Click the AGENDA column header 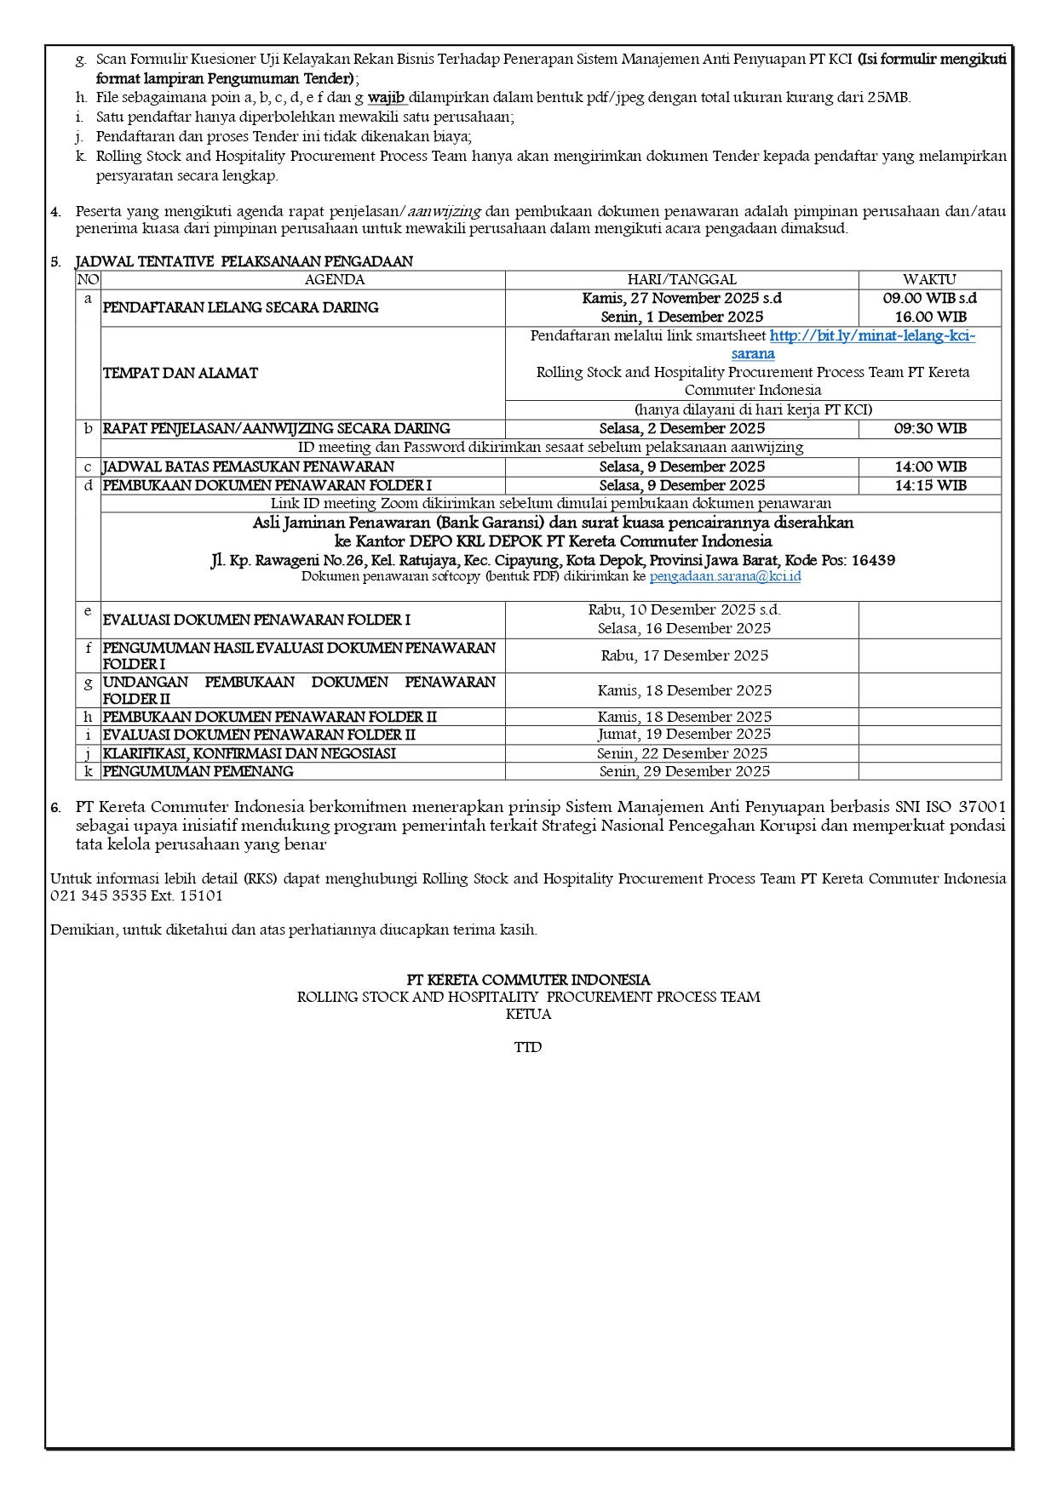[x=334, y=280]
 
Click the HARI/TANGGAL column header [x=681, y=280]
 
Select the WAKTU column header [x=929, y=280]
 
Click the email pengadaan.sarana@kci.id [x=725, y=577]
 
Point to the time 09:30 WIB [x=929, y=429]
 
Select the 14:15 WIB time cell [x=929, y=486]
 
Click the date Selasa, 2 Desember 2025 [x=681, y=429]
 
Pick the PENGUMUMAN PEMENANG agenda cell [x=198, y=772]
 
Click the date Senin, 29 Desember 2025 [x=684, y=772]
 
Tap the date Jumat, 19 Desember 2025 [x=684, y=735]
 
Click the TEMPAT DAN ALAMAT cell [x=181, y=374]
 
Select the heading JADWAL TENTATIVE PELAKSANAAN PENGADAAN [x=244, y=262]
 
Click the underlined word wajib [x=386, y=98]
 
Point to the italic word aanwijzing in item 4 [x=444, y=212]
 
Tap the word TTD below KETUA [x=528, y=1048]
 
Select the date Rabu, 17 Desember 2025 [x=684, y=656]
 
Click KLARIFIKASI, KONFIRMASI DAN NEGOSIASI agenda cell [x=250, y=754]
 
